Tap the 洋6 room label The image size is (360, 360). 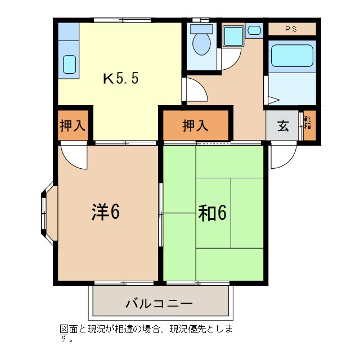106,211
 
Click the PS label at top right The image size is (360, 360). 291,29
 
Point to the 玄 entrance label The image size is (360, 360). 283,125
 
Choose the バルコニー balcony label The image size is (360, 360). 159,303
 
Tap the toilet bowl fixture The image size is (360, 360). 201,40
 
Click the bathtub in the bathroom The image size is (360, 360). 291,56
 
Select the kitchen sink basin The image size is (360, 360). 69,64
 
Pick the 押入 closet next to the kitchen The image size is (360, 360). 73,125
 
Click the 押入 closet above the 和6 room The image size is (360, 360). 195,125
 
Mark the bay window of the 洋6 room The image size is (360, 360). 47,213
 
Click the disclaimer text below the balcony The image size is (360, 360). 146,331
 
